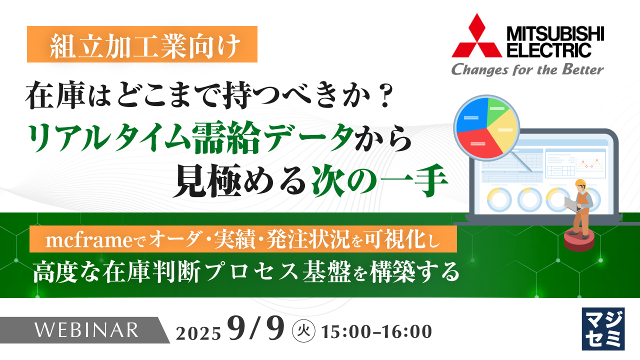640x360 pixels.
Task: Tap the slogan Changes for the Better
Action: [x=527, y=69]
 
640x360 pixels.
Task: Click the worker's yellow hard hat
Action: [x=581, y=183]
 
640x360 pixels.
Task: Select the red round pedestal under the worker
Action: [x=578, y=240]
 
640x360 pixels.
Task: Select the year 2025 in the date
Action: [x=198, y=332]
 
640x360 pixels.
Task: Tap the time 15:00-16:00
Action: [x=377, y=331]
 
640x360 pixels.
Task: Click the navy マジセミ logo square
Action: [x=603, y=328]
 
